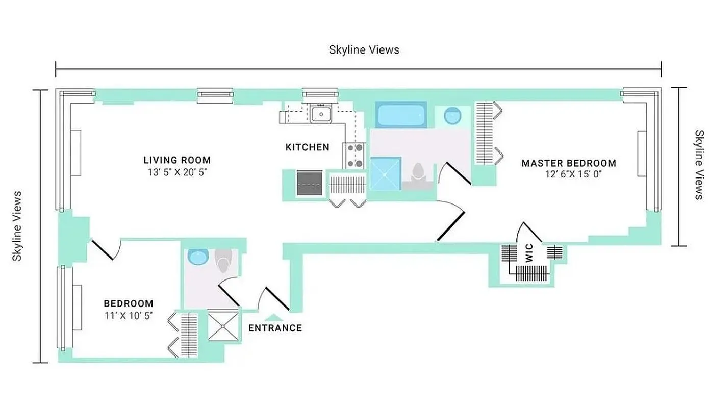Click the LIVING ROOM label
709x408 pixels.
pyautogui.click(x=177, y=160)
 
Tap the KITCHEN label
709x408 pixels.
pyautogui.click(x=307, y=147)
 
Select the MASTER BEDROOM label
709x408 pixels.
pyautogui.click(x=568, y=163)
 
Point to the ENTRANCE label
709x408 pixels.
pyautogui.click(x=275, y=328)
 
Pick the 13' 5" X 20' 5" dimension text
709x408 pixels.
pyautogui.click(x=177, y=172)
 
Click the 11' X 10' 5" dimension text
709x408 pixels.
pyautogui.click(x=129, y=316)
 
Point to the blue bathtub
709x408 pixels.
pyautogui.click(x=401, y=115)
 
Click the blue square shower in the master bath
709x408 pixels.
pyautogui.click(x=385, y=174)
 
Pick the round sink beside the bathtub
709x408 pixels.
pyautogui.click(x=452, y=116)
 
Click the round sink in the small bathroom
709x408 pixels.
pyautogui.click(x=195, y=257)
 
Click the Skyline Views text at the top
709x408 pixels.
pyautogui.click(x=364, y=49)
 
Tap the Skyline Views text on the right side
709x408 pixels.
pyautogui.click(x=699, y=164)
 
